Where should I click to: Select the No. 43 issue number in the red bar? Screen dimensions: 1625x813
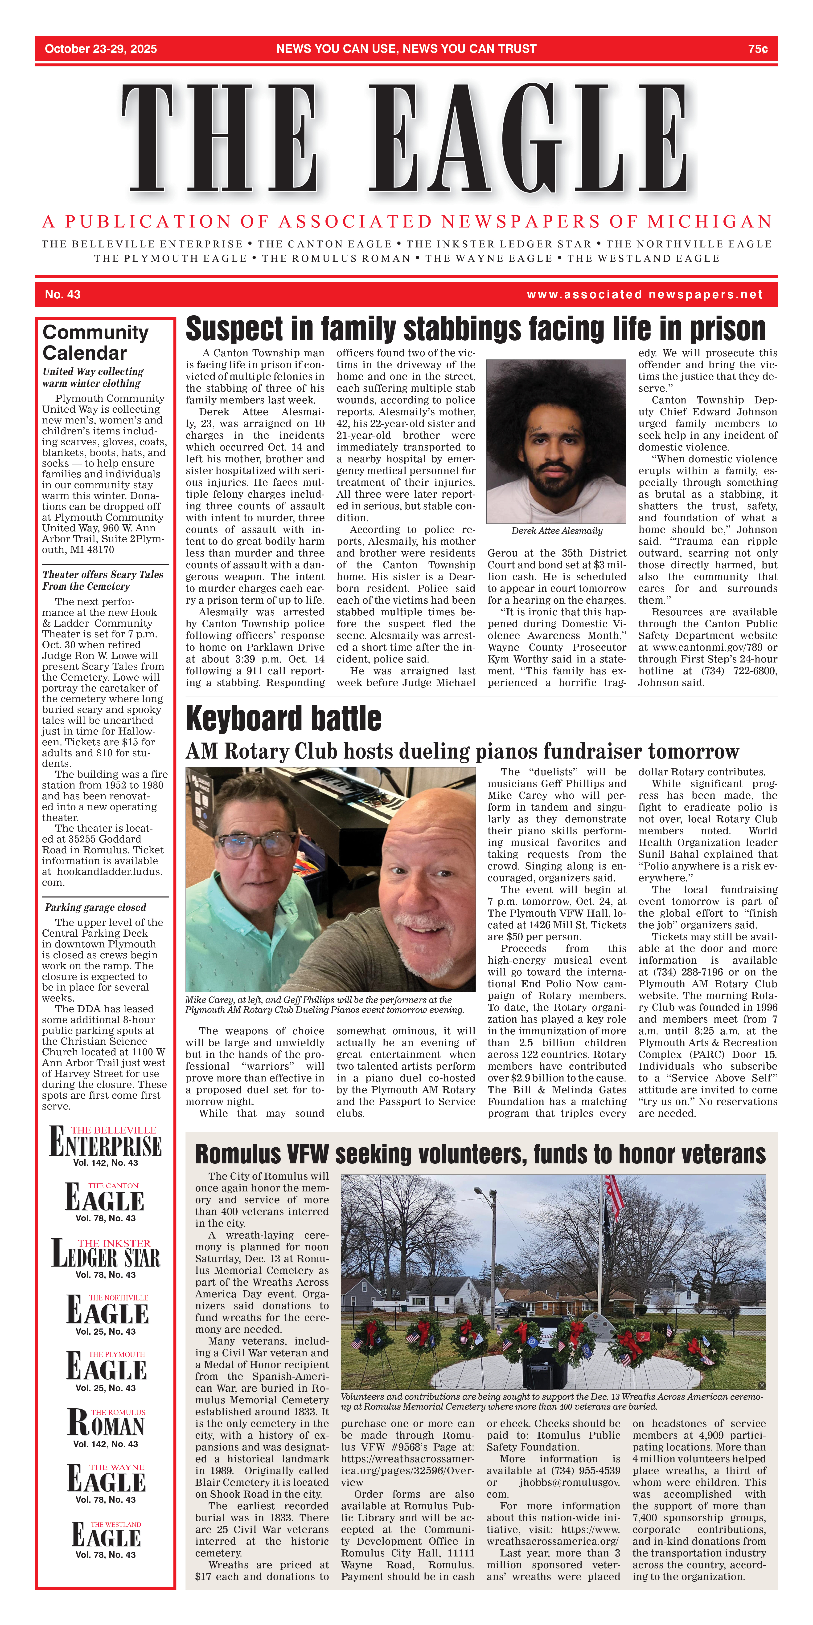tap(62, 295)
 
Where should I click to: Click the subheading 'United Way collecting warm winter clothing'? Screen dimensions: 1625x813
tap(93, 377)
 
